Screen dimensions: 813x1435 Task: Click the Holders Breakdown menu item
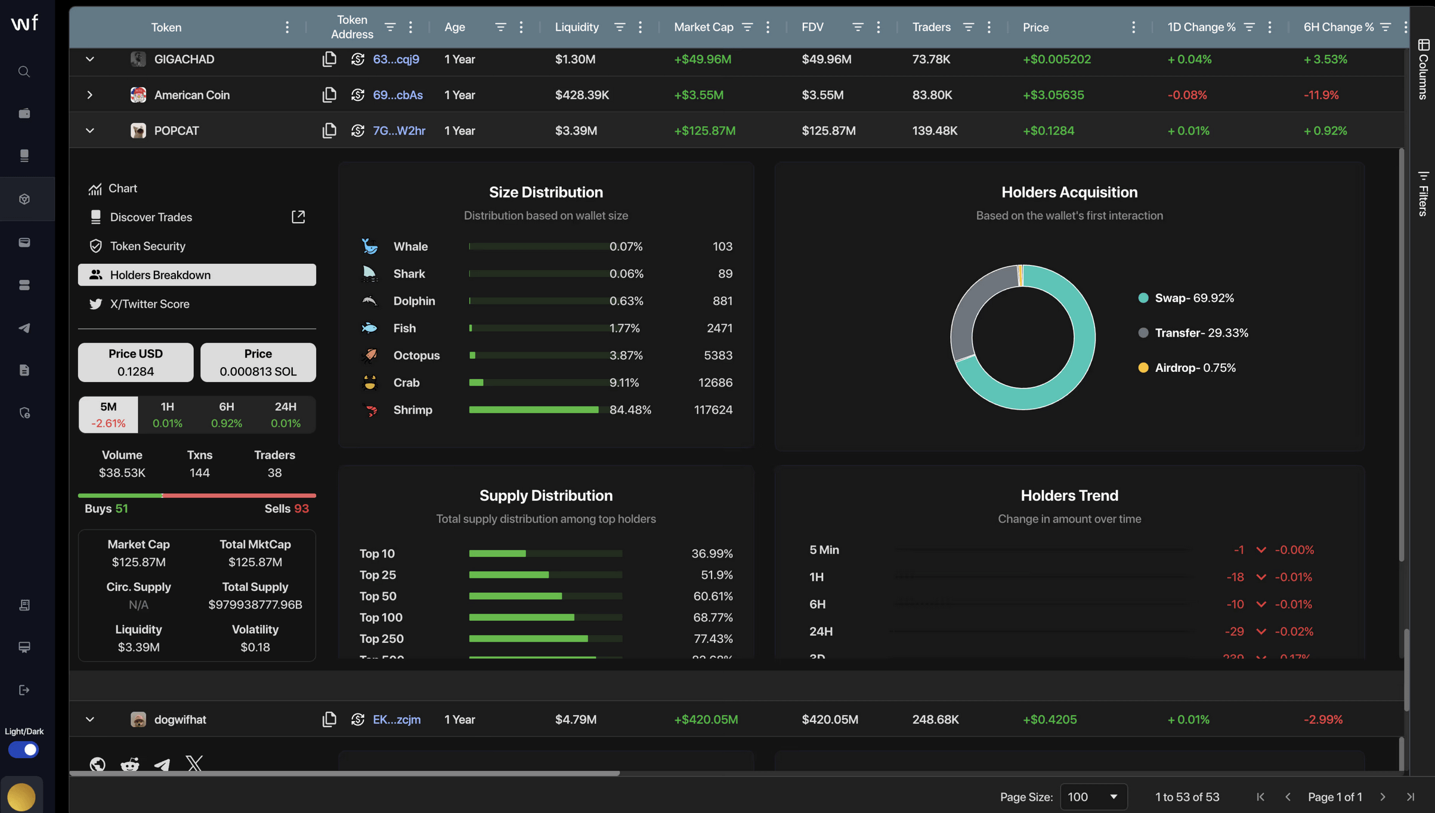point(197,275)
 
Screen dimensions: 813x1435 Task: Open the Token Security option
point(147,246)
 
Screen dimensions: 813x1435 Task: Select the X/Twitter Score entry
point(149,304)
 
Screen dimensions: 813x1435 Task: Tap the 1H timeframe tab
point(167,414)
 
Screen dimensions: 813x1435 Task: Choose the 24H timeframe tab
point(285,414)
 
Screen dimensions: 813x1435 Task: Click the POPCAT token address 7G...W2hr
point(398,131)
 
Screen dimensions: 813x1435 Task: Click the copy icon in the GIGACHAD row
point(329,59)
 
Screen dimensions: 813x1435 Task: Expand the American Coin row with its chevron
point(89,95)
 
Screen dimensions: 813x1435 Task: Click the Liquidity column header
point(576,27)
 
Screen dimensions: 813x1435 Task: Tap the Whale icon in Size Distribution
point(370,247)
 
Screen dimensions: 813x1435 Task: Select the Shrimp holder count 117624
point(713,410)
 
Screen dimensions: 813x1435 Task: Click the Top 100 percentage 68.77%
point(713,617)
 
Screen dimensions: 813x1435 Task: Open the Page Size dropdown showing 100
point(1093,797)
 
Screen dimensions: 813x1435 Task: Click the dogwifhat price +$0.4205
point(1049,719)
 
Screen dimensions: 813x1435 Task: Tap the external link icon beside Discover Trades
point(298,217)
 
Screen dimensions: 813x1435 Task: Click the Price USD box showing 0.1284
point(135,362)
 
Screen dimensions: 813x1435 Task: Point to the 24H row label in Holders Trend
point(821,632)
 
